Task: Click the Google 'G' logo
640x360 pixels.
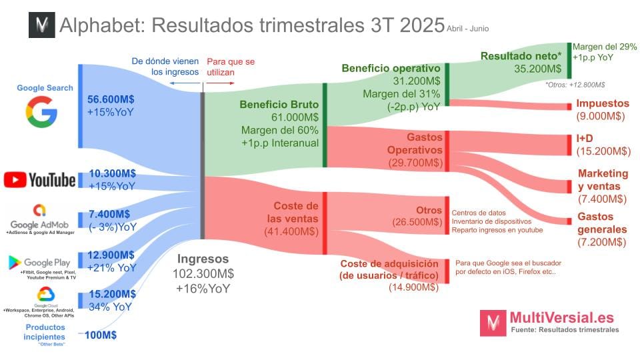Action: coord(45,111)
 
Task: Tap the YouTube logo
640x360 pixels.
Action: coord(39,179)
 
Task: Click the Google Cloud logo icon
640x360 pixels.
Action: coord(45,294)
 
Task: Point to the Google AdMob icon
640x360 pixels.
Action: coord(43,212)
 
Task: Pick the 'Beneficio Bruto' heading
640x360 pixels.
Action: coord(279,105)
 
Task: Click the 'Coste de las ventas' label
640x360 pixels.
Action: coord(295,212)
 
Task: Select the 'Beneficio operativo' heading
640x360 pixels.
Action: coord(391,68)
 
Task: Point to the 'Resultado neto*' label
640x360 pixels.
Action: coord(521,57)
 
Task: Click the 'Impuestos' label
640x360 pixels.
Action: coord(603,103)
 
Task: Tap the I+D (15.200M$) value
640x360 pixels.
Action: coord(601,151)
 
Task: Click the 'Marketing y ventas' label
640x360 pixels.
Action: coord(603,179)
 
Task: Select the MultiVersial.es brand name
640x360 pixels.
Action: coord(561,317)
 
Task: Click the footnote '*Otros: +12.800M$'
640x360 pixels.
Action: coord(575,85)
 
